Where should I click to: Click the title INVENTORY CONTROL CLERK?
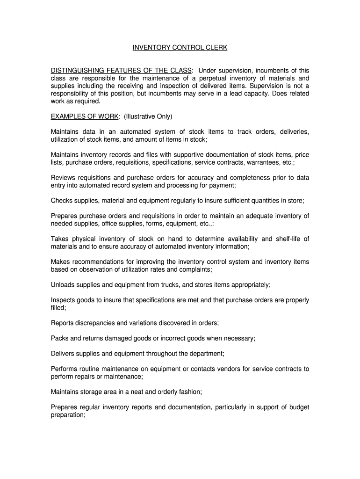coord(180,48)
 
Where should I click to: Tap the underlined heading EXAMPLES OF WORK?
coord(85,116)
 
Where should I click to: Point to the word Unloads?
coord(64,285)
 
